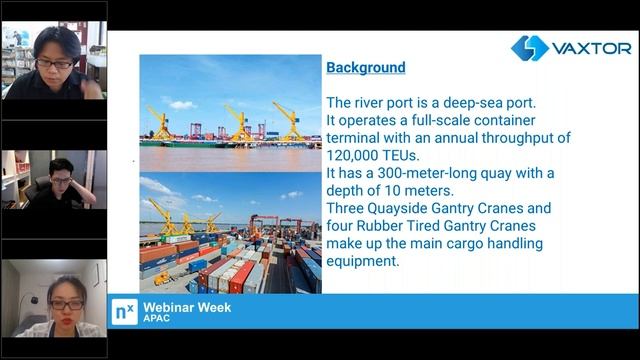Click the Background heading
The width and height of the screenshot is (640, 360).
tap(366, 68)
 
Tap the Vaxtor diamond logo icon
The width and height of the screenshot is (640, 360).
tap(530, 48)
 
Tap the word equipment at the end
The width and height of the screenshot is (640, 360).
tap(363, 261)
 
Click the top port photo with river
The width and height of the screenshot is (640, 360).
tap(229, 112)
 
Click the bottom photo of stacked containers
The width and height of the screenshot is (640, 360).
tap(229, 234)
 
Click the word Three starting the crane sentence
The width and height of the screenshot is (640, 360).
tap(349, 208)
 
